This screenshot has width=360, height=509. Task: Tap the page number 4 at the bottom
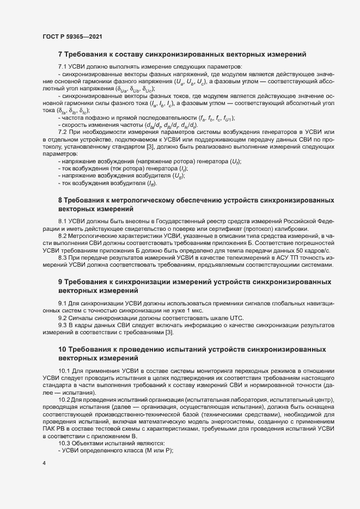tap(44, 464)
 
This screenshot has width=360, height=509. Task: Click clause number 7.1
tap(63, 66)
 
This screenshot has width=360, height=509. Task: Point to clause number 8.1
tap(63, 222)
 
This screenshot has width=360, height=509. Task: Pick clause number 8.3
tap(63, 257)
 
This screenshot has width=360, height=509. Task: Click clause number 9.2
tap(63, 318)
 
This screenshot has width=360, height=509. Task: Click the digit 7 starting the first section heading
tap(60, 54)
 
